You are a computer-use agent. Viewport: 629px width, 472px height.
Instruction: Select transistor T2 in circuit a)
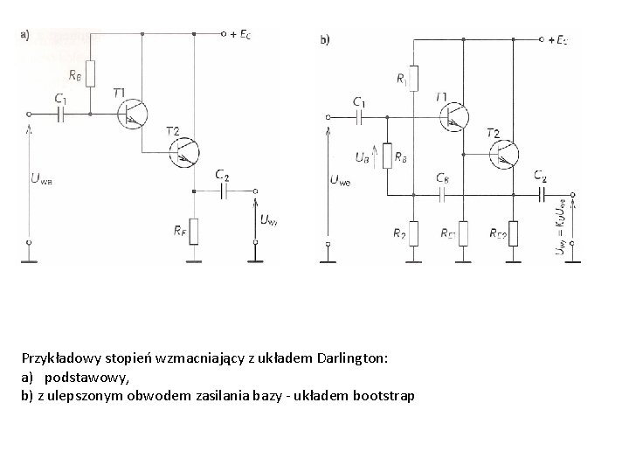click(x=187, y=152)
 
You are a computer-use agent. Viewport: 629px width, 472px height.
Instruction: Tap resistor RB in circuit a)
click(x=91, y=73)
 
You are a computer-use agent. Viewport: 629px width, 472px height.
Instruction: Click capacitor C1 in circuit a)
click(x=61, y=114)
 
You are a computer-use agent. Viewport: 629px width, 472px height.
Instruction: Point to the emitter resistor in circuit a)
click(x=194, y=230)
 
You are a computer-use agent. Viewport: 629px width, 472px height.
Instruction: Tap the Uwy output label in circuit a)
click(x=267, y=219)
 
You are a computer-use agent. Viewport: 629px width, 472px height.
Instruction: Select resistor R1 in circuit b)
click(x=416, y=79)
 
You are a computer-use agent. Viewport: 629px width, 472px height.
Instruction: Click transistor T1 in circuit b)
click(x=454, y=115)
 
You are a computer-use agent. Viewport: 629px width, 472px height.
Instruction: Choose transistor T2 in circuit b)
click(x=503, y=154)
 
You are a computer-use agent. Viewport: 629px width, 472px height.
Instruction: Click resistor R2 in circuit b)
click(x=415, y=233)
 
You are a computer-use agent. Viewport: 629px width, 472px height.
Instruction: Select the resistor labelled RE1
click(x=463, y=233)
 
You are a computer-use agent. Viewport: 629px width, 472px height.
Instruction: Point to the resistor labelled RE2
click(x=513, y=233)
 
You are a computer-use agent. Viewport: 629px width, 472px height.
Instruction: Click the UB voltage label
click(x=361, y=158)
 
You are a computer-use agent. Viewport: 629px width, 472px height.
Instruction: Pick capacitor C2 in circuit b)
click(x=543, y=194)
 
